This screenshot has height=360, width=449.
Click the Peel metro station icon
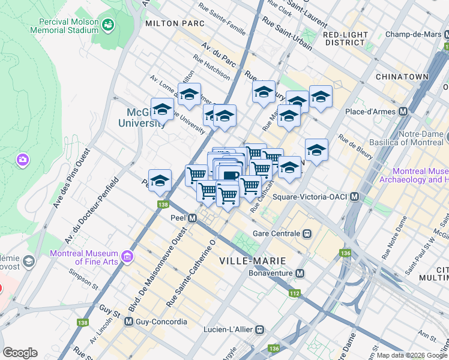coord(192,218)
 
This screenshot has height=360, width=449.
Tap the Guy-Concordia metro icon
coord(128,322)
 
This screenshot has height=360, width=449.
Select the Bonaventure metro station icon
coord(300,274)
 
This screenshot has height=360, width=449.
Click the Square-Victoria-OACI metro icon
coord(355,197)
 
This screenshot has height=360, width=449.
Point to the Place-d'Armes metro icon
coord(403,111)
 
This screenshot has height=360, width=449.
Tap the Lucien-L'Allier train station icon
coord(259,329)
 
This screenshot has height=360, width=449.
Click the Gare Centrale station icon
coord(307,233)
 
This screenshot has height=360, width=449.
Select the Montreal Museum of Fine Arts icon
coord(127,257)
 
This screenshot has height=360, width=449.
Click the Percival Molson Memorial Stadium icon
coord(108,25)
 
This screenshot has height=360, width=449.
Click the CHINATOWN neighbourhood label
coord(402,77)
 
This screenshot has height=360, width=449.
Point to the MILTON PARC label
coord(175,23)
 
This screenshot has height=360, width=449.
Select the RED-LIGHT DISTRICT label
coord(345,38)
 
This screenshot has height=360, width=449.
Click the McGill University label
coord(146,118)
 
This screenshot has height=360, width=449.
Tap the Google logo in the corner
coord(20,352)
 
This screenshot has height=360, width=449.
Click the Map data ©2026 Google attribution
coord(411,355)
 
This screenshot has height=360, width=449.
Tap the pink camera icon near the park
coord(23,160)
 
